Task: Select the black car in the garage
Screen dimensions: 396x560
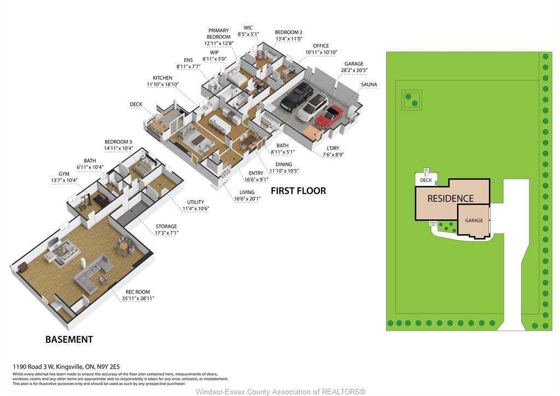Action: (x=297, y=97)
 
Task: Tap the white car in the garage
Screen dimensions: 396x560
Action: (x=313, y=107)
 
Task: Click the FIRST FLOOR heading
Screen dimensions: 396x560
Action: (x=298, y=191)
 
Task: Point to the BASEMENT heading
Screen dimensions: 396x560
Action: (x=69, y=340)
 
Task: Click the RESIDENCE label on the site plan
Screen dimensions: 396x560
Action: (x=450, y=198)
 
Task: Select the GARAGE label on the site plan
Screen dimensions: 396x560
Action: (x=474, y=220)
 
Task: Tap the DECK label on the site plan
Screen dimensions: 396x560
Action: (x=426, y=180)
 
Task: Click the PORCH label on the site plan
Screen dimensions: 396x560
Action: (x=433, y=223)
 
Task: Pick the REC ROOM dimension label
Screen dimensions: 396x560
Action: (x=138, y=295)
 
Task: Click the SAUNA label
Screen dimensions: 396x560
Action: (x=369, y=85)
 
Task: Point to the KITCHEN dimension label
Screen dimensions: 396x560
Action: (x=162, y=81)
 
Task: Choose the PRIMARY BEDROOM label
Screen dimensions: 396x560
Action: (x=218, y=37)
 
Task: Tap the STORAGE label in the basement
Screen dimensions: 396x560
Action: (x=166, y=229)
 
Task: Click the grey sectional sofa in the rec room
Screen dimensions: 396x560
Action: (x=93, y=274)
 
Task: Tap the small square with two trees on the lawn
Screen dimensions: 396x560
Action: (x=411, y=100)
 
